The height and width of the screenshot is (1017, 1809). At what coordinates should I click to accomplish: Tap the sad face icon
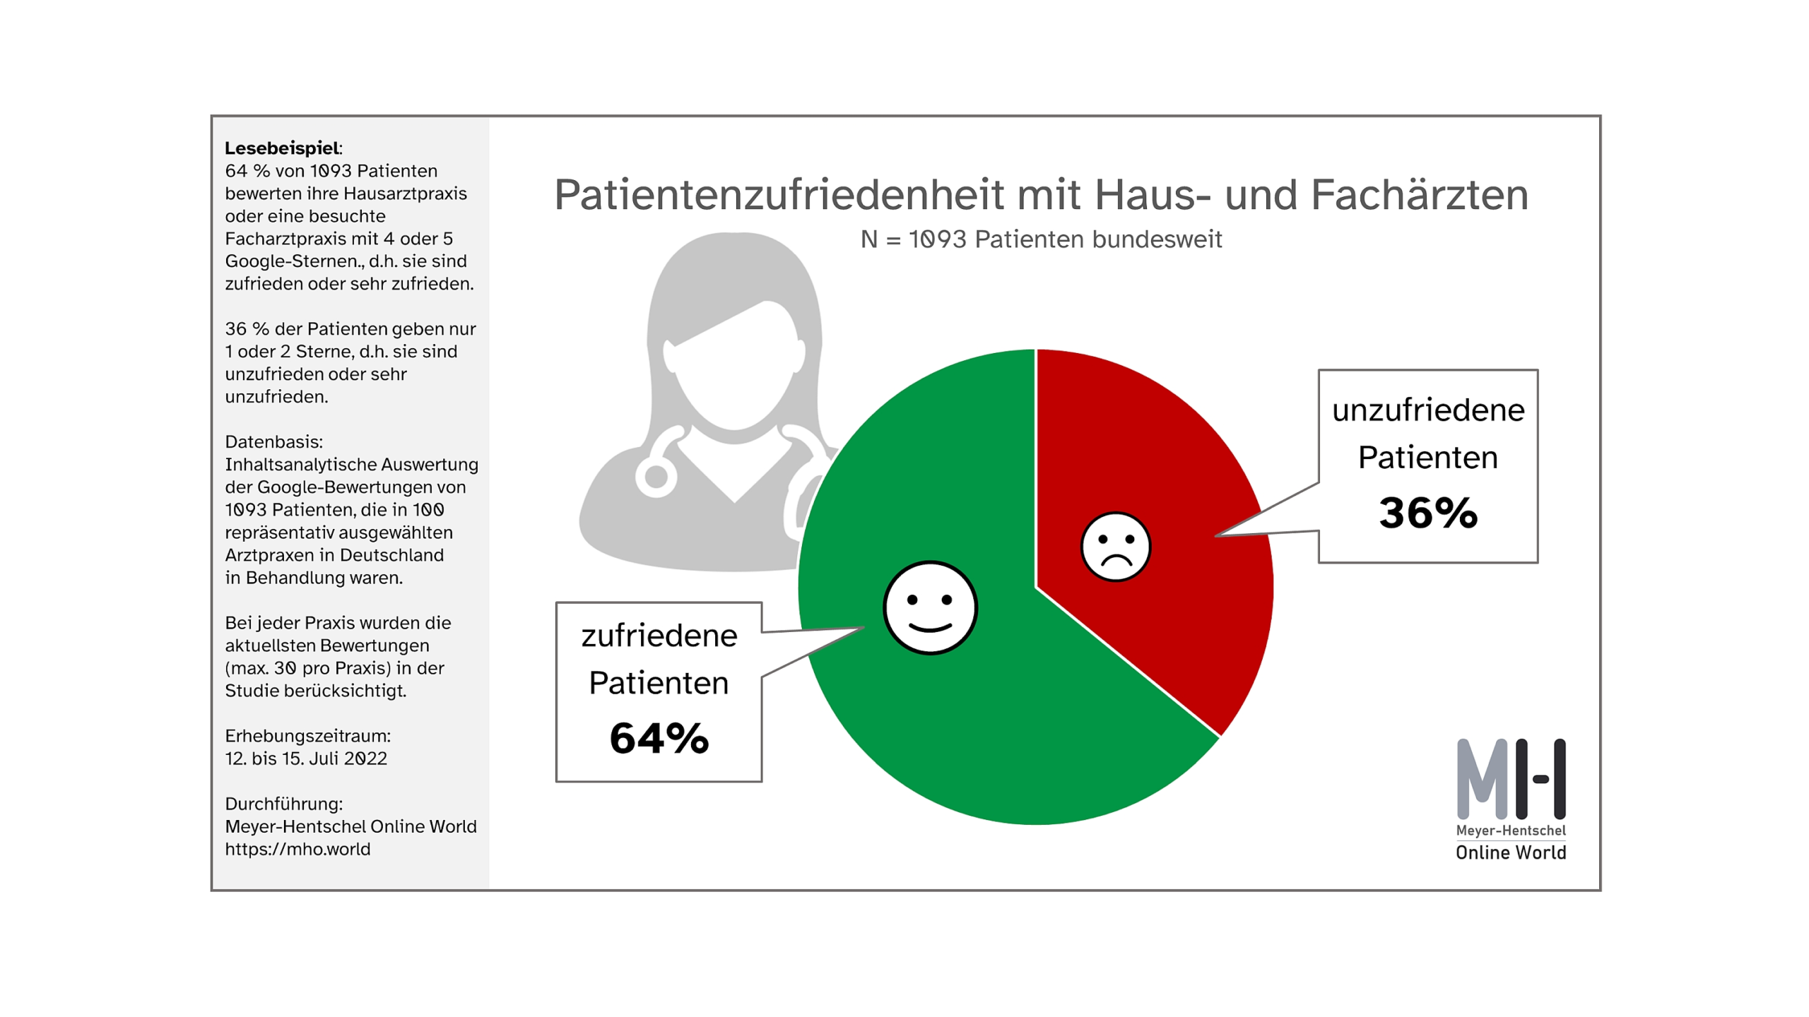(1115, 547)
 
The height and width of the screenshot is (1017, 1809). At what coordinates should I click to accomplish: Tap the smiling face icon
(930, 607)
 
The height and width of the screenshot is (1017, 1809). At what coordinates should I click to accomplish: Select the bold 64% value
(659, 738)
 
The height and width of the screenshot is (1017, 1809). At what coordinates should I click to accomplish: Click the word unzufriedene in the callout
(1427, 410)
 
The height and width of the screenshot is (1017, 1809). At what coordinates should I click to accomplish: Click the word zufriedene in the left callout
(659, 636)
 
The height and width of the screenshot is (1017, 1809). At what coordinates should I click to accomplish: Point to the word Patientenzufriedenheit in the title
(777, 195)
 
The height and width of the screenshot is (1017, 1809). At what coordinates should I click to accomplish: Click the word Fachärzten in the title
(1419, 195)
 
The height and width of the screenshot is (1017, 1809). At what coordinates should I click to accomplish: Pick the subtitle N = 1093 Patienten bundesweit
(1040, 239)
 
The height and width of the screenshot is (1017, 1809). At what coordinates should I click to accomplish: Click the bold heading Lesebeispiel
(282, 148)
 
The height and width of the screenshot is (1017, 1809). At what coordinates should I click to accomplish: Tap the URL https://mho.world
(297, 849)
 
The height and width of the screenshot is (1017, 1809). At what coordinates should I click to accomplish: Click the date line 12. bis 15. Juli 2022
(305, 759)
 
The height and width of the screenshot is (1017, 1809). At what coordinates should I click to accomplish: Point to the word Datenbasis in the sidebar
(273, 442)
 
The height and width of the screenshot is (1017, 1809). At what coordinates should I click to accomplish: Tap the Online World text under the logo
(1510, 852)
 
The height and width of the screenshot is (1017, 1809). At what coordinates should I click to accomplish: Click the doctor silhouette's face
(735, 374)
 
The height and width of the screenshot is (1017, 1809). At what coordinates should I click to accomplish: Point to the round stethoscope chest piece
(656, 477)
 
